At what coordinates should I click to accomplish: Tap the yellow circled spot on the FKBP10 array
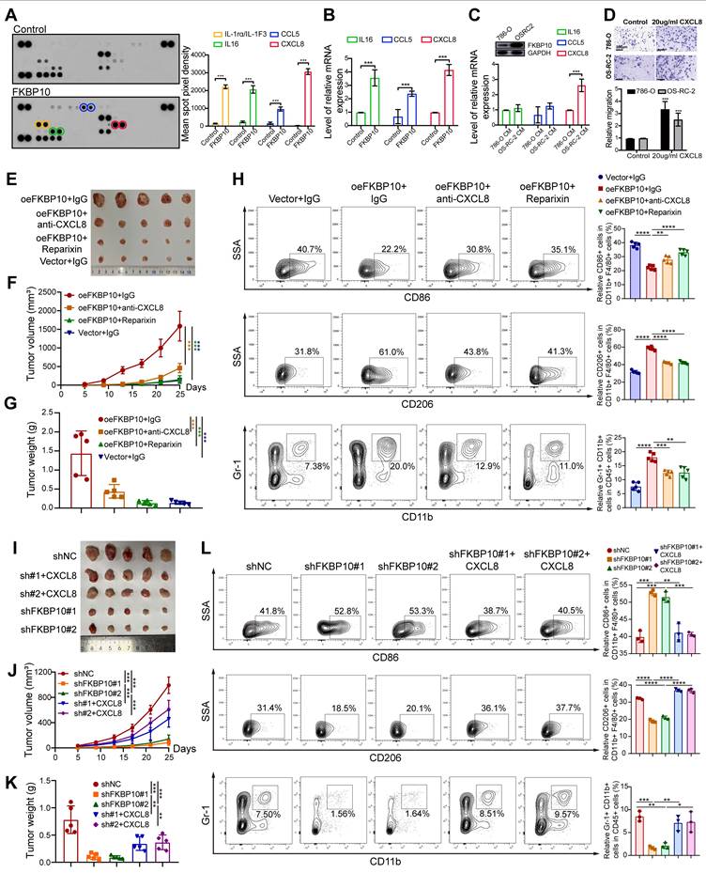coord(42,124)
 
